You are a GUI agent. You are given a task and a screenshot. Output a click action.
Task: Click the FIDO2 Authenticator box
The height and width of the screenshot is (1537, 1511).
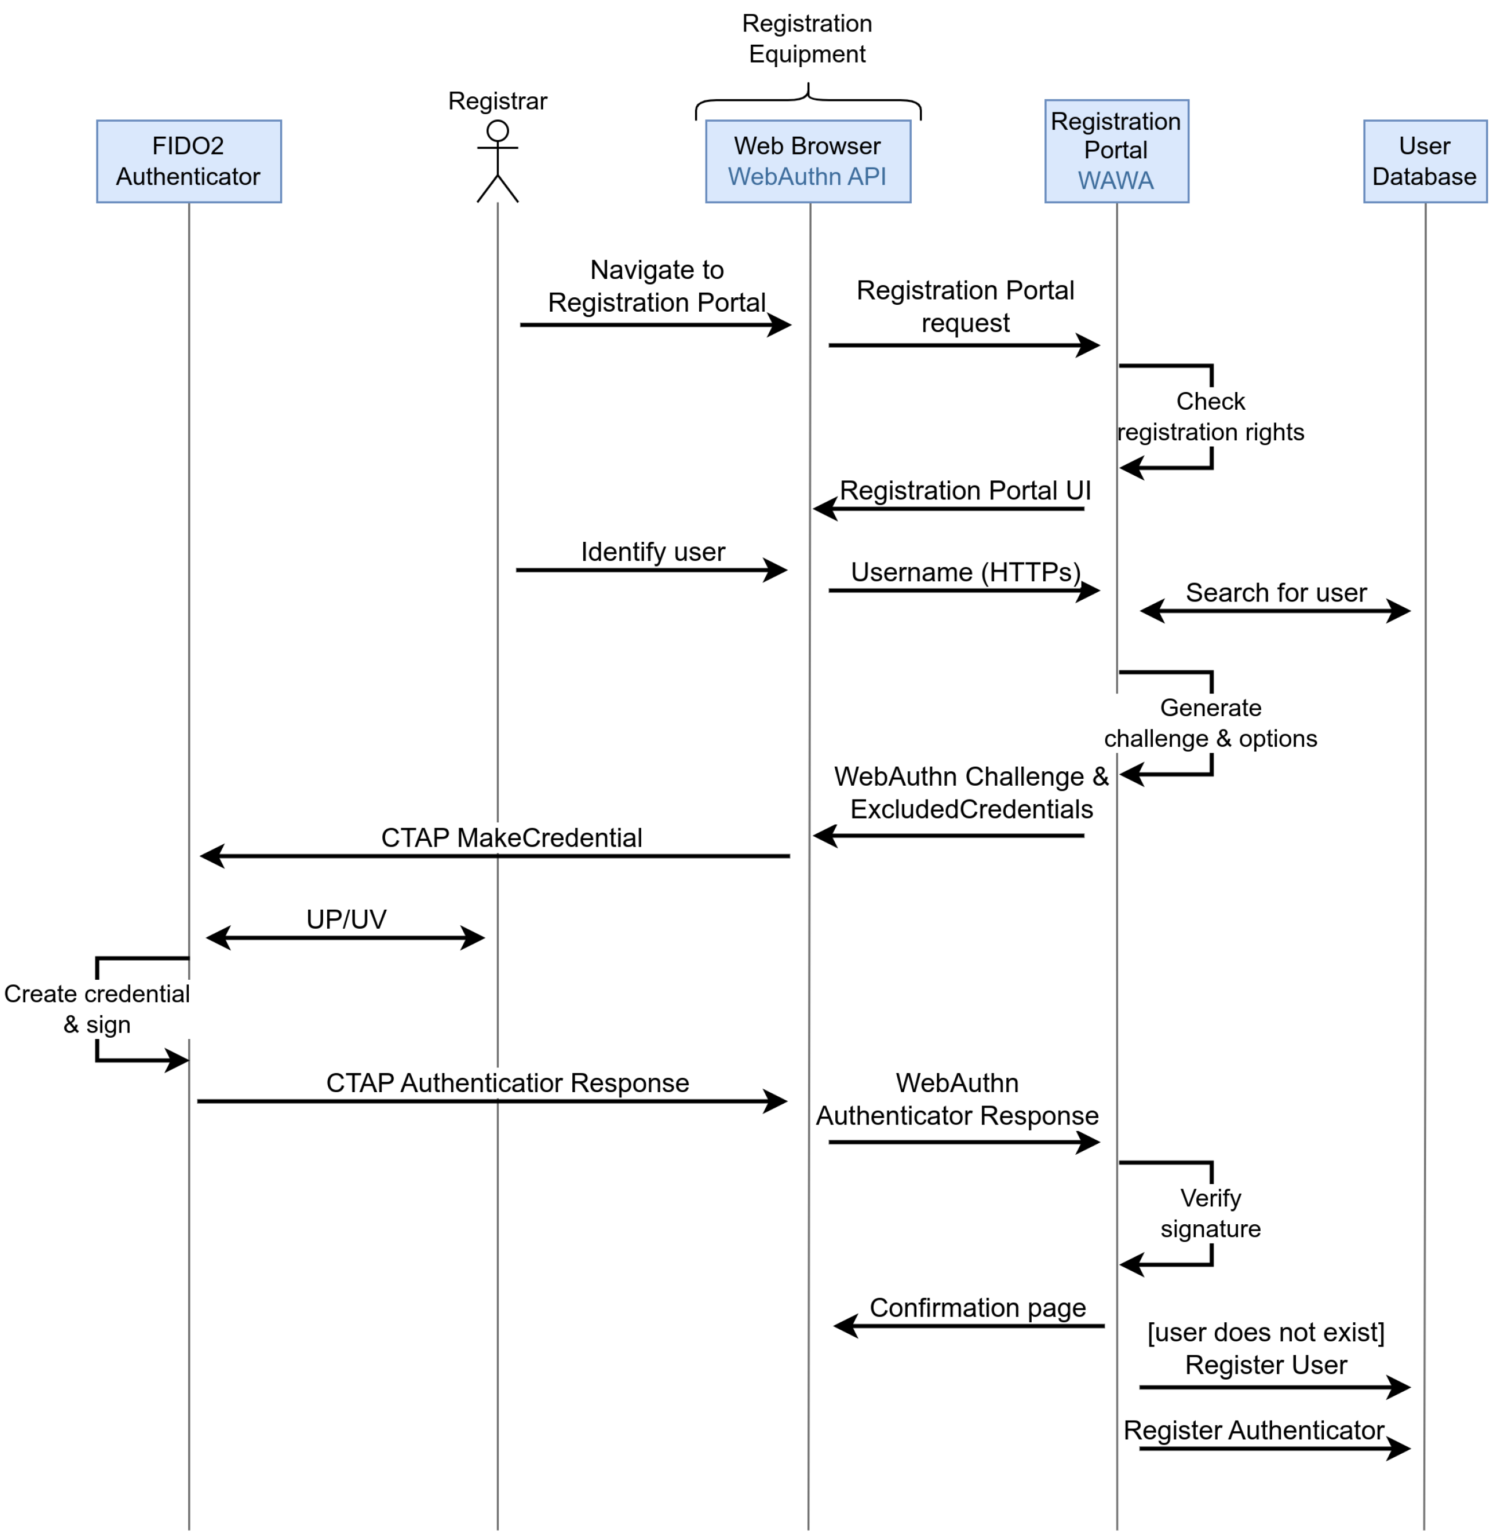pyautogui.click(x=189, y=161)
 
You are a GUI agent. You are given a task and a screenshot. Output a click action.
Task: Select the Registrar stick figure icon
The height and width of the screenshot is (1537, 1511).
pyautogui.click(x=498, y=161)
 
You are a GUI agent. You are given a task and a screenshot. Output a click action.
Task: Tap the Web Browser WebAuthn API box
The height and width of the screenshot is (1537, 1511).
pyautogui.click(x=808, y=161)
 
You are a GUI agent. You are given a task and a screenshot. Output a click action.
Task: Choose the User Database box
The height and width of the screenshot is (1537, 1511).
pyautogui.click(x=1424, y=161)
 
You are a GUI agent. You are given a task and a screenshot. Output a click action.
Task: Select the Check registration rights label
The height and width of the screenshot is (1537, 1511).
pyautogui.click(x=1210, y=417)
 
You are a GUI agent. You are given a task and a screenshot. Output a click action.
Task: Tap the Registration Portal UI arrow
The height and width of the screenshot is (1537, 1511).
pyautogui.click(x=948, y=509)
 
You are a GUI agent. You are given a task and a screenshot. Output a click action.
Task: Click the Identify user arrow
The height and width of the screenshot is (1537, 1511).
pyautogui.click(x=651, y=570)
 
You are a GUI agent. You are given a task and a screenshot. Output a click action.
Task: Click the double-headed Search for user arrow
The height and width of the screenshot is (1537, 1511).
pyautogui.click(x=1274, y=611)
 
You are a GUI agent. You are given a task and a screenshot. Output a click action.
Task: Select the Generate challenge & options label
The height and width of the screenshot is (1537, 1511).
pyautogui.click(x=1210, y=723)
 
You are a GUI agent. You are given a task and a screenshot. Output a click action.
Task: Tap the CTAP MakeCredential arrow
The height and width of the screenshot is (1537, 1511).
pyautogui.click(x=494, y=856)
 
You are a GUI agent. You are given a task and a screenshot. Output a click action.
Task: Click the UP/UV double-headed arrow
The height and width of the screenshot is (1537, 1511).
pyautogui.click(x=345, y=938)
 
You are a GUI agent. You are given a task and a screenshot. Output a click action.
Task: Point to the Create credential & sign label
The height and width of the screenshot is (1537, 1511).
pyautogui.click(x=97, y=1008)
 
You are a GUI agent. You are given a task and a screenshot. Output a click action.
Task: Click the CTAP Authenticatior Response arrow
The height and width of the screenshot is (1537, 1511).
pyautogui.click(x=492, y=1101)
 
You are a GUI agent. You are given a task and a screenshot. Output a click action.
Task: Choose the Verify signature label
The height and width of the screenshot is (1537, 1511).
pyautogui.click(x=1210, y=1213)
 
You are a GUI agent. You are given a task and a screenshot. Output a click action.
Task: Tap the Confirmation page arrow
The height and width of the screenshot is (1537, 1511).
pyautogui.click(x=968, y=1326)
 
